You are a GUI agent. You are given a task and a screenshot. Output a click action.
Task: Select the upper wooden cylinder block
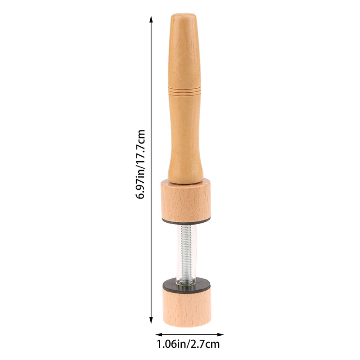pyautogui.click(x=186, y=198)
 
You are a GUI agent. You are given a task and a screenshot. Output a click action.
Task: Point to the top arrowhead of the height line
pyautogui.click(x=151, y=19)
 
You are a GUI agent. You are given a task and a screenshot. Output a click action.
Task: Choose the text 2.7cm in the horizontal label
pyautogui.click(x=207, y=345)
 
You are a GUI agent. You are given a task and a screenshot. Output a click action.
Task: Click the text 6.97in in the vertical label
pyautogui.click(x=142, y=184)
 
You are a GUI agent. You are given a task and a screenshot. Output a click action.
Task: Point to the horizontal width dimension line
pyautogui.click(x=189, y=334)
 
